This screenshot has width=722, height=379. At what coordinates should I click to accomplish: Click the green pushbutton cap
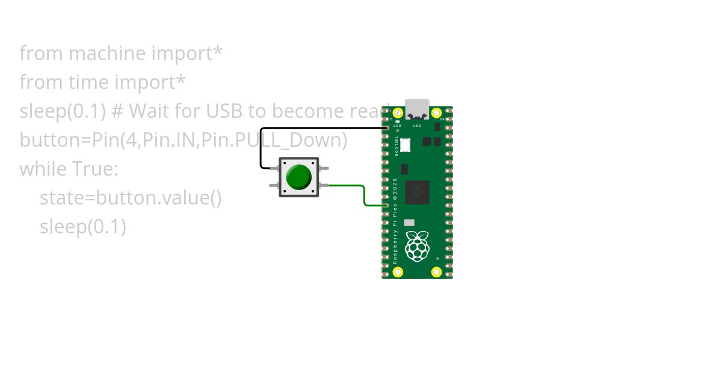coord(299,177)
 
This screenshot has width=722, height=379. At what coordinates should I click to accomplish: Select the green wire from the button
coord(364,196)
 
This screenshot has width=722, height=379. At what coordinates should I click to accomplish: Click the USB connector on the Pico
coord(417,109)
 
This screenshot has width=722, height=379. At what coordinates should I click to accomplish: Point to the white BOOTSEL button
coord(406,145)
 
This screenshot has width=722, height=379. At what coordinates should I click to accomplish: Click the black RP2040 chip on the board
coord(417,192)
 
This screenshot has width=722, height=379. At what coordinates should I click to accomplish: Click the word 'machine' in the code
coord(107,54)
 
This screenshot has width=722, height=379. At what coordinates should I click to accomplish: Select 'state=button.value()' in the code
coord(131,198)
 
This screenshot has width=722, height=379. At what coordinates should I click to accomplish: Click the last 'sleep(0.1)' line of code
coord(83,227)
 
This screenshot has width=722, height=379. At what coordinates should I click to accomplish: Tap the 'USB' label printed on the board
coord(417,126)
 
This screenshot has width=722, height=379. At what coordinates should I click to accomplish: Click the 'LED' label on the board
coord(397,126)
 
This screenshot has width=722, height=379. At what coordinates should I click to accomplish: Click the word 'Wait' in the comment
coord(147,111)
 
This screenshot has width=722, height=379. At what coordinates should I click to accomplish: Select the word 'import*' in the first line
coord(187,54)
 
